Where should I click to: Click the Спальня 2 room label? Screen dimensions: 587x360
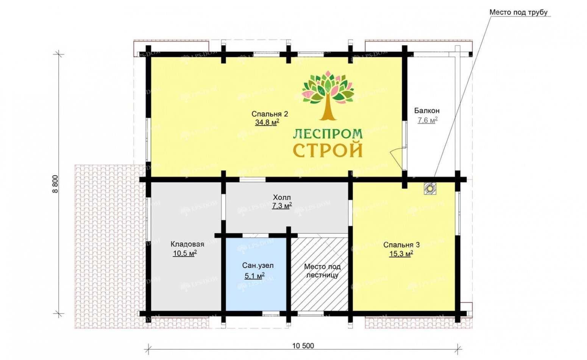pos(270,114)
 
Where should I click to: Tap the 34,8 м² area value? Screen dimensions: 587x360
pos(267,122)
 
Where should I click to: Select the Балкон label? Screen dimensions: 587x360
pos(427,111)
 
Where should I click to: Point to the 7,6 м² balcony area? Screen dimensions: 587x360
pos(428,120)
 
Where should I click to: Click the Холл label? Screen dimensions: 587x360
pos(282,197)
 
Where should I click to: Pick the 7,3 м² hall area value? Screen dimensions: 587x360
pos(282,206)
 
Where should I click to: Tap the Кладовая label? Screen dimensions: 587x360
pos(187,244)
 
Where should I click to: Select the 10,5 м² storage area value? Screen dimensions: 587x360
pos(185,254)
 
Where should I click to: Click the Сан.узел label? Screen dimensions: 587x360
pos(258,266)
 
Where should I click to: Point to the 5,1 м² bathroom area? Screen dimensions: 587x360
pos(254,276)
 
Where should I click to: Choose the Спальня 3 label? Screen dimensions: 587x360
pos(401,245)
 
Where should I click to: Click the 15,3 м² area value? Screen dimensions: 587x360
pos(401,254)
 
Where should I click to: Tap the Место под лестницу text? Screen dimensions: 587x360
pos(322,271)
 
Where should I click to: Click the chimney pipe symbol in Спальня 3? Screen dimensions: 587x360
pos(430,188)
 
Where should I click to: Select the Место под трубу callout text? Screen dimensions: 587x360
pos(518,13)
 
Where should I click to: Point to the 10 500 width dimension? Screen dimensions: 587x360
pos(303,346)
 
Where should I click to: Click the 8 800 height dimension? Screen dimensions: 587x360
pos(55,184)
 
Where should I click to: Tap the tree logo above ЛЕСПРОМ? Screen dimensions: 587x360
pos(328,96)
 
